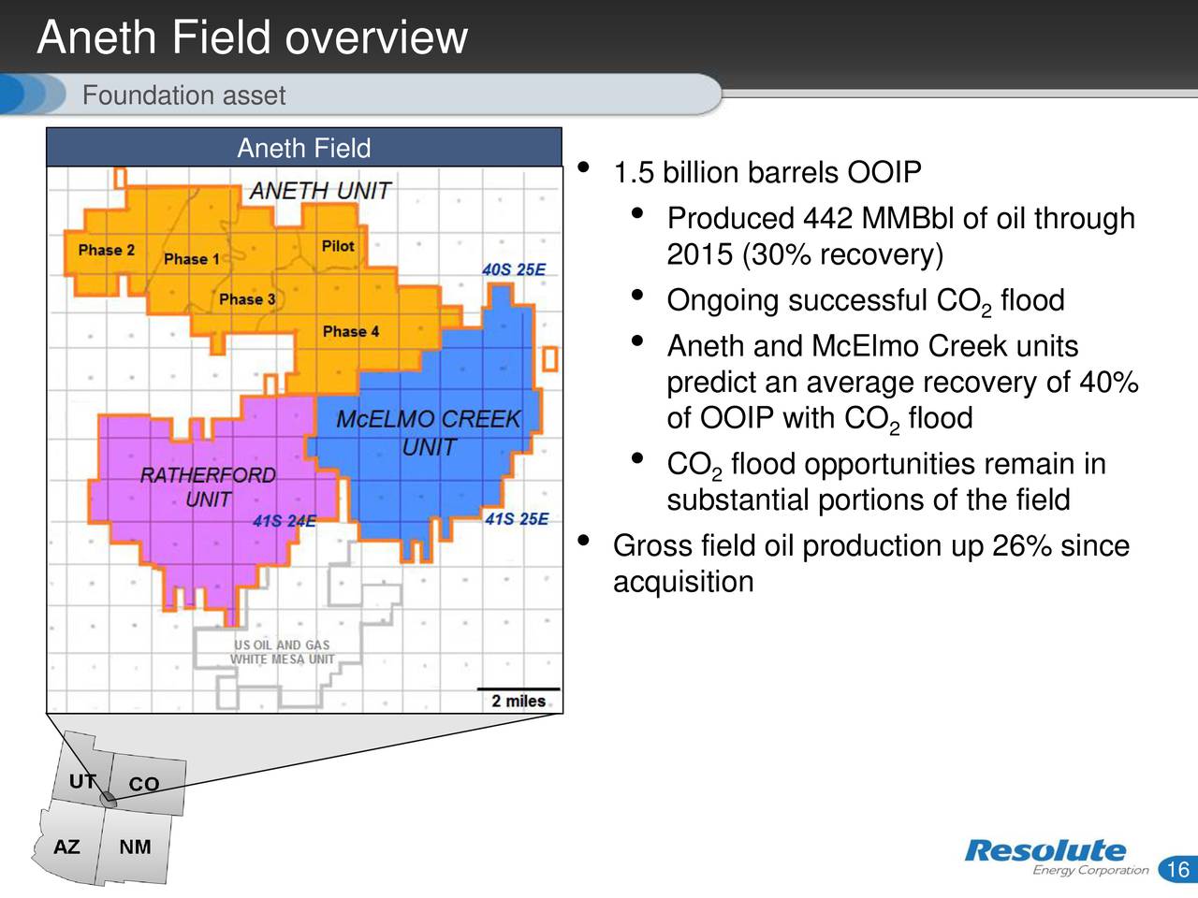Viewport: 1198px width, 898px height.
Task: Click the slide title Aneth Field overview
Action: [252, 38]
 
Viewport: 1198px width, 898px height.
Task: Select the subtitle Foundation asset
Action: [183, 95]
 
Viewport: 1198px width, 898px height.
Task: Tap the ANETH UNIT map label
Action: [319, 191]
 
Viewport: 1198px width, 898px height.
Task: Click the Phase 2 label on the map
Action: [106, 250]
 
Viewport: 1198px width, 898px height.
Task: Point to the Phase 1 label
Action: [191, 259]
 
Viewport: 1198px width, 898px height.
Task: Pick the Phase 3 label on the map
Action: [247, 299]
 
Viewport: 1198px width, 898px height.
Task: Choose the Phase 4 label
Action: [351, 331]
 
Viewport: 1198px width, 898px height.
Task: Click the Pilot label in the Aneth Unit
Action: [338, 246]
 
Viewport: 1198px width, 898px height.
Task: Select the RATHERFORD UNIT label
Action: [208, 487]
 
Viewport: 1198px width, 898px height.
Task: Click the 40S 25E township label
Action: [514, 269]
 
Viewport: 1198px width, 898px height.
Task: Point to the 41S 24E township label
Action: [285, 521]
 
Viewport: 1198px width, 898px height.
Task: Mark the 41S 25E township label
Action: [517, 519]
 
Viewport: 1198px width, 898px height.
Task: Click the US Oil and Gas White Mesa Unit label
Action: [282, 652]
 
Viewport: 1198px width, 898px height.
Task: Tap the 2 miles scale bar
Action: [519, 700]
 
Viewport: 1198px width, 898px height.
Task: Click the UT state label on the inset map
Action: [81, 781]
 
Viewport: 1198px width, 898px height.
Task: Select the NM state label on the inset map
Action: [135, 847]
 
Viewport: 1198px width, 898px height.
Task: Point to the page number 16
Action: [1177, 869]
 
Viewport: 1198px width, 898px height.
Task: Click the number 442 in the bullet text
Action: [827, 219]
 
